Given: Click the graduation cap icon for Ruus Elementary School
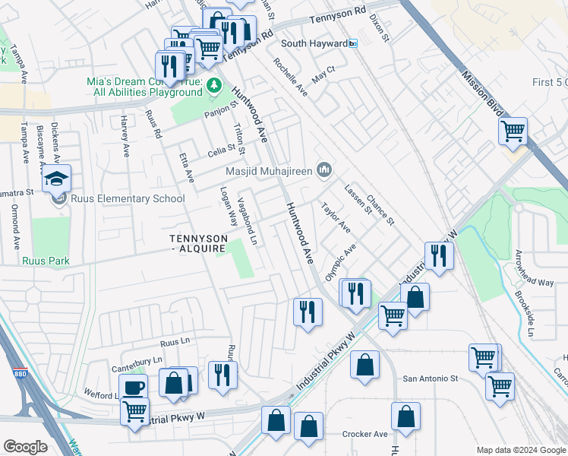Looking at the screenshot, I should click(57, 178).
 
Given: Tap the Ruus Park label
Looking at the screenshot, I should click(46, 261).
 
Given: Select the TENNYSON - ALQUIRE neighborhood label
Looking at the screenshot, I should click(197, 243).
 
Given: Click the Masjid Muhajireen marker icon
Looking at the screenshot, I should click(324, 167).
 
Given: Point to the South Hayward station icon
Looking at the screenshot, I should click(353, 44).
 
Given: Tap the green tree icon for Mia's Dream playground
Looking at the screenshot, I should click(215, 84).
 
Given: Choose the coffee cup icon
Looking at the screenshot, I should click(134, 387).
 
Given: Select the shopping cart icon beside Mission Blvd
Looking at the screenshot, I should click(513, 131).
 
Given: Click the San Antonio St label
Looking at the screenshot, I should click(431, 378).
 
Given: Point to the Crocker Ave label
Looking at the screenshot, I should click(364, 434).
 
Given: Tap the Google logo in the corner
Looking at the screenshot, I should click(25, 447).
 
